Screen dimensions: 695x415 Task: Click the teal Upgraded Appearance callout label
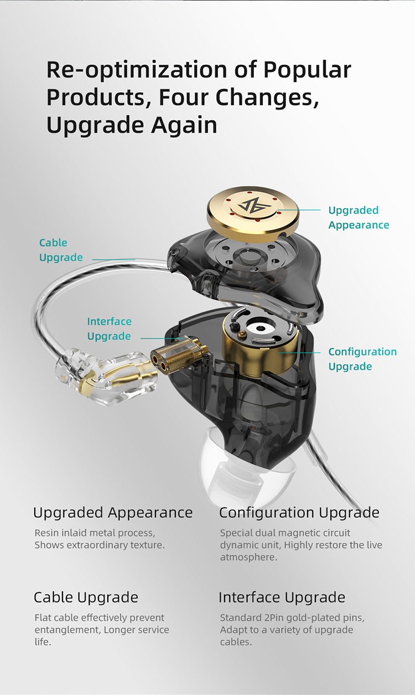point(358,218)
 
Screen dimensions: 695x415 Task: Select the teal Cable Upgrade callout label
point(61,250)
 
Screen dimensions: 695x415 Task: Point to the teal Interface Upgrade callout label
point(109,329)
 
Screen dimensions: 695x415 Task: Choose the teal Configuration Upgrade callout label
point(362,359)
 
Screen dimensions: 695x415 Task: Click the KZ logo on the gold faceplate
point(252,206)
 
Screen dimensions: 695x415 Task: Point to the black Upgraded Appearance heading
point(113,513)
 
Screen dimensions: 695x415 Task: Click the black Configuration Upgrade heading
point(299,513)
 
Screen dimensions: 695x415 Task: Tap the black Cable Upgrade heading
point(86,598)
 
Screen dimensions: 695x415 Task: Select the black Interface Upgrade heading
point(282,598)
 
